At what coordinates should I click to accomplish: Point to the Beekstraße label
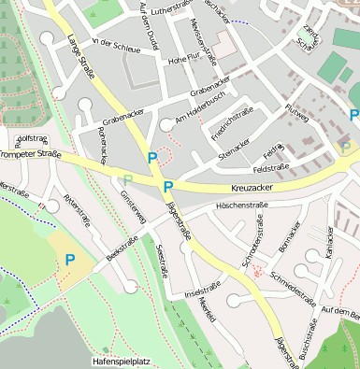(x=122, y=248)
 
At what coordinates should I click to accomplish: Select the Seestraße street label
(x=165, y=262)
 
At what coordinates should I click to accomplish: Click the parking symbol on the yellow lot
(x=69, y=260)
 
